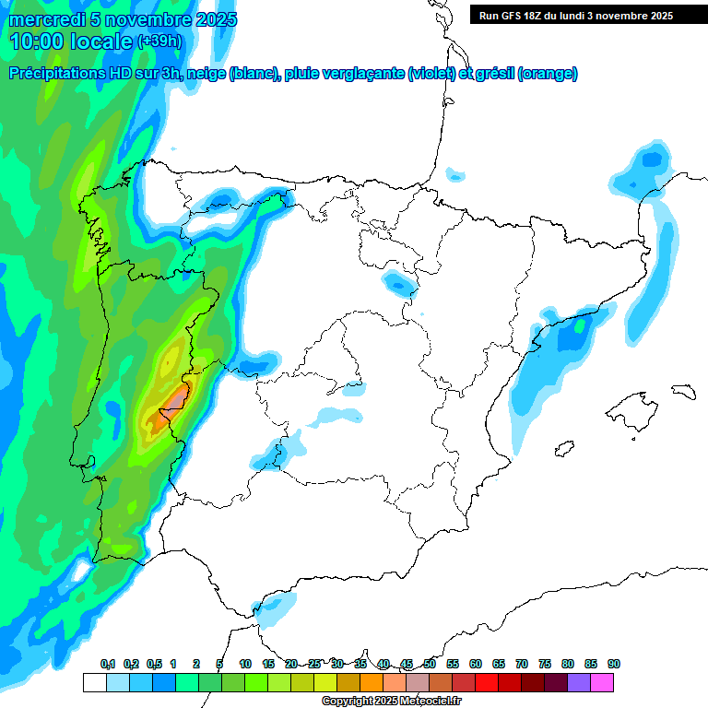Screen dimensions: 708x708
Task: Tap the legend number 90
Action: coord(614,664)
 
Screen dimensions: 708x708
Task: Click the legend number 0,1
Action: coord(107,664)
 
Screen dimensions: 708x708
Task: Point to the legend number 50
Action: coord(430,664)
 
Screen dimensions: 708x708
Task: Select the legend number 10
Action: coord(245,664)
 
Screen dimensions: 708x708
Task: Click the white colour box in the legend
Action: coord(94,682)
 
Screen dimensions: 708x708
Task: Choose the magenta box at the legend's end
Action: coord(602,682)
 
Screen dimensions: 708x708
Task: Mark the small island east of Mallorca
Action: coord(682,391)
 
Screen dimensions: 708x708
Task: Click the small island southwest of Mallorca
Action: coord(564,449)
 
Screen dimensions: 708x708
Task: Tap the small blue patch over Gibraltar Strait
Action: coord(274,609)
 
